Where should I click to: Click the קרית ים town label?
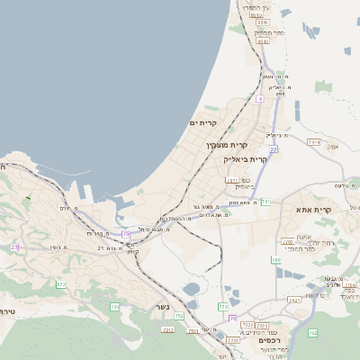(203, 122)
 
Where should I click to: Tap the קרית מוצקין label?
(226, 144)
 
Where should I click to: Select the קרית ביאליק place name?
(246, 158)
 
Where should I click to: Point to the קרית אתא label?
(314, 210)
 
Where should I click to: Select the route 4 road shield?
(259, 99)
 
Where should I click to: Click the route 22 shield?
(273, 148)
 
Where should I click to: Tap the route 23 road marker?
(14, 247)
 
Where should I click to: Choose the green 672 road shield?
(61, 284)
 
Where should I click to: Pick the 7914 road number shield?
(313, 142)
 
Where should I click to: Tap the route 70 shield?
(232, 319)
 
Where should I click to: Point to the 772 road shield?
(222, 307)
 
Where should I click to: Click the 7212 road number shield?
(166, 330)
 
